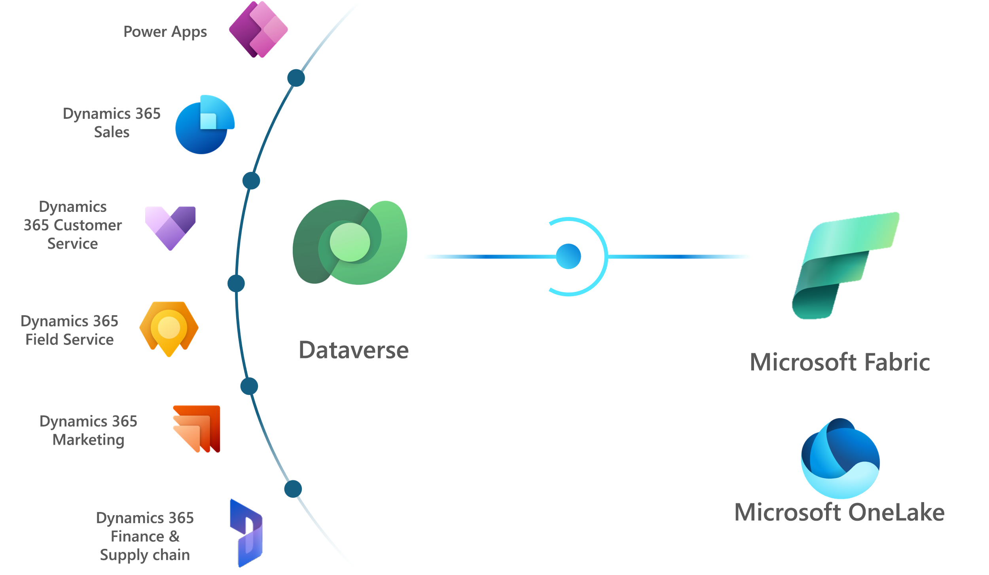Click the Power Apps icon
coord(258,30)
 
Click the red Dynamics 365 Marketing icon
coord(197,428)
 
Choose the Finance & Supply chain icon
coord(246,533)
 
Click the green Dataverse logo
coord(350,242)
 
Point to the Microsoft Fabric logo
coord(845,265)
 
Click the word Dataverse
coord(354,350)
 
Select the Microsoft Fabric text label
coord(840,362)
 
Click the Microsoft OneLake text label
coord(839,512)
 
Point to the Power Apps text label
coord(165,32)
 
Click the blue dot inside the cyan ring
coord(568,256)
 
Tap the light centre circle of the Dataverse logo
coord(350,242)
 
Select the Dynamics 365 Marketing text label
coord(88,430)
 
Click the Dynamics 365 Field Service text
coord(69,330)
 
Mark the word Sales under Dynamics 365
coord(112,132)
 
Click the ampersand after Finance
coord(174,536)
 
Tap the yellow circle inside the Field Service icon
coord(169,327)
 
